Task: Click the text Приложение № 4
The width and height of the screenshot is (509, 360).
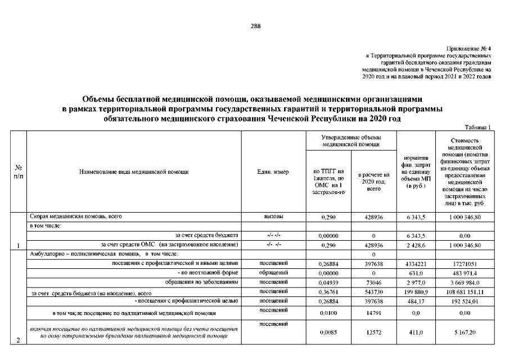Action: click(469, 49)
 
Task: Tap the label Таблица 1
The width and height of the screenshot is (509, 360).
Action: click(479, 128)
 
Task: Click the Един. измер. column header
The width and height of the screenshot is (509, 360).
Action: click(273, 172)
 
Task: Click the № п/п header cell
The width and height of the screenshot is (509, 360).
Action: click(17, 172)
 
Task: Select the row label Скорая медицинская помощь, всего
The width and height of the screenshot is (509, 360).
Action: click(76, 216)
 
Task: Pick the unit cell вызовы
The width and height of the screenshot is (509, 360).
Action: click(273, 216)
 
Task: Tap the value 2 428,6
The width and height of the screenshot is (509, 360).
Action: click(416, 245)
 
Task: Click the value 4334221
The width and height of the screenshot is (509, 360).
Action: click(416, 263)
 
